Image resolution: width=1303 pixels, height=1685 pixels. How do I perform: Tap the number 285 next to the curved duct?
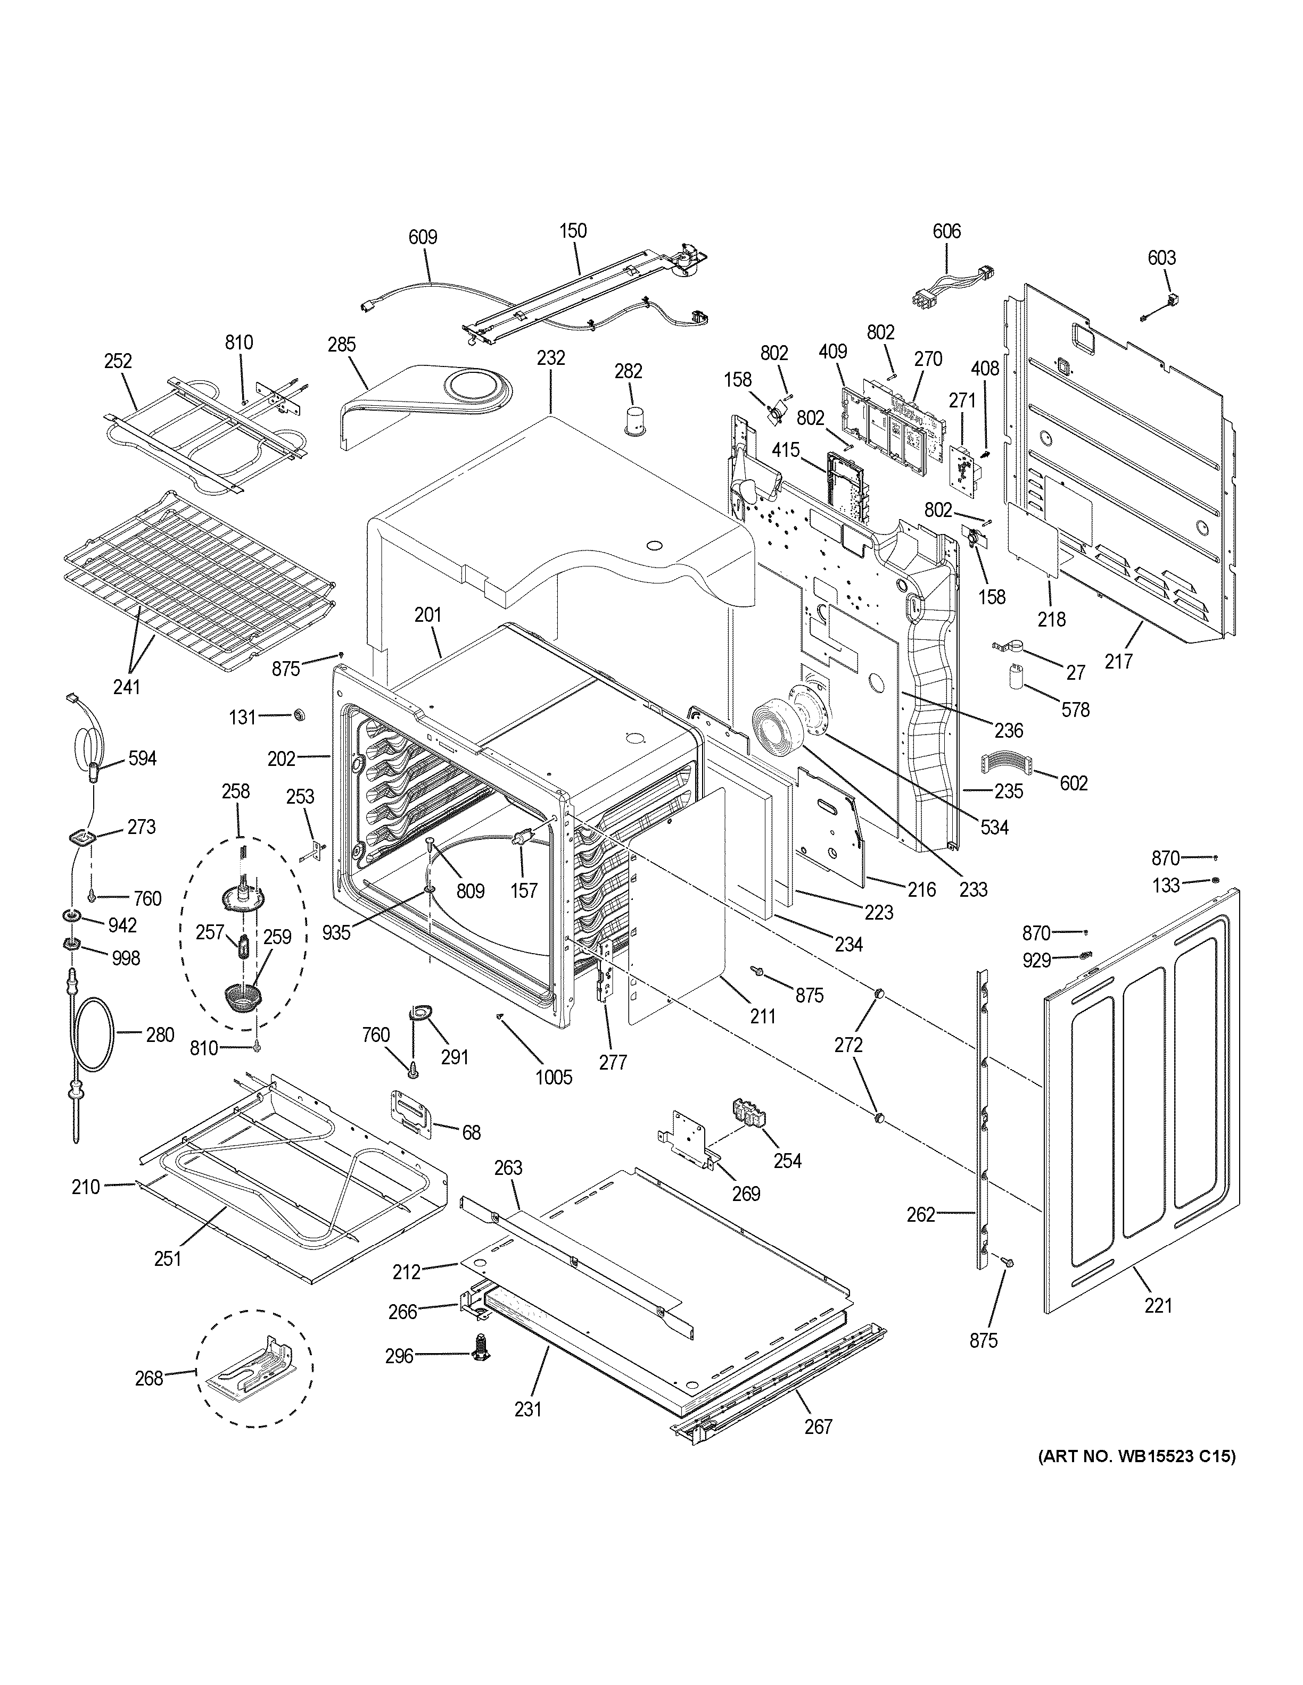(341, 344)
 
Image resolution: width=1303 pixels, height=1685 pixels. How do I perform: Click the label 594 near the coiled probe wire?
(141, 758)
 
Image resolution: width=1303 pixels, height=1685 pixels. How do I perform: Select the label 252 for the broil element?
(118, 361)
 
